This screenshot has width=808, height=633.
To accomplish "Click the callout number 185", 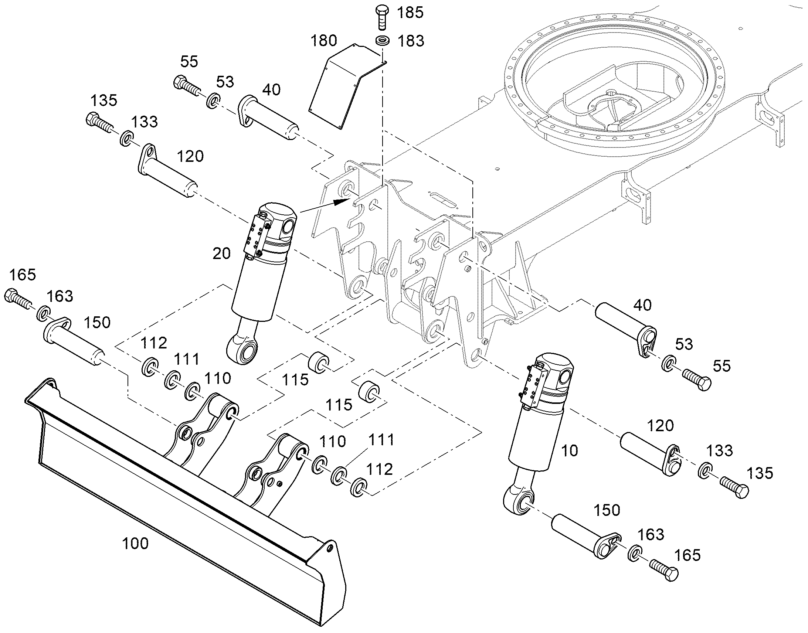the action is (410, 13).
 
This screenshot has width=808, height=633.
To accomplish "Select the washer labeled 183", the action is (382, 40).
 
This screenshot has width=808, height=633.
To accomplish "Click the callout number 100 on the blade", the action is (135, 544).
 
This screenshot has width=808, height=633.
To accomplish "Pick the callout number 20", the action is (222, 253).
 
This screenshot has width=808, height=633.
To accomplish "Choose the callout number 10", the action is (570, 451).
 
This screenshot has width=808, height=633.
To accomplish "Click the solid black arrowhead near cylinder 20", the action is (342, 202).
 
